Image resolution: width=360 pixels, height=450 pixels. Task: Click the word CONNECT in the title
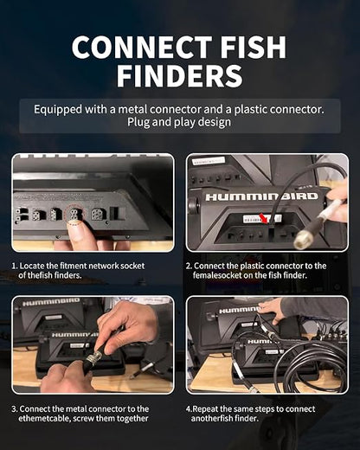pos(142,47)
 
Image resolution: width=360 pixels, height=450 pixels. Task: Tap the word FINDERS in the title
pos(179,76)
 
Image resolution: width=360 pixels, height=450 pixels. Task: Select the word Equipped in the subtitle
pos(58,110)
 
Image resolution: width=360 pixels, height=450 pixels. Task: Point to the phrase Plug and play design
pos(179,122)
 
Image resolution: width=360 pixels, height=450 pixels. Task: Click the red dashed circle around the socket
pos(74,215)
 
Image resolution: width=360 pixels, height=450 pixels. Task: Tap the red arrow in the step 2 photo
pos(266,218)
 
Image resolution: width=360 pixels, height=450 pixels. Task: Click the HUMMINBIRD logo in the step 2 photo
pos(261,196)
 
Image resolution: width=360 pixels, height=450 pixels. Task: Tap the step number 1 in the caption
pos(14,266)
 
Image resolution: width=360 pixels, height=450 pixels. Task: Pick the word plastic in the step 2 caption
pos(252,266)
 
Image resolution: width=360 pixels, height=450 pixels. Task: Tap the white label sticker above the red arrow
pos(262,218)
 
